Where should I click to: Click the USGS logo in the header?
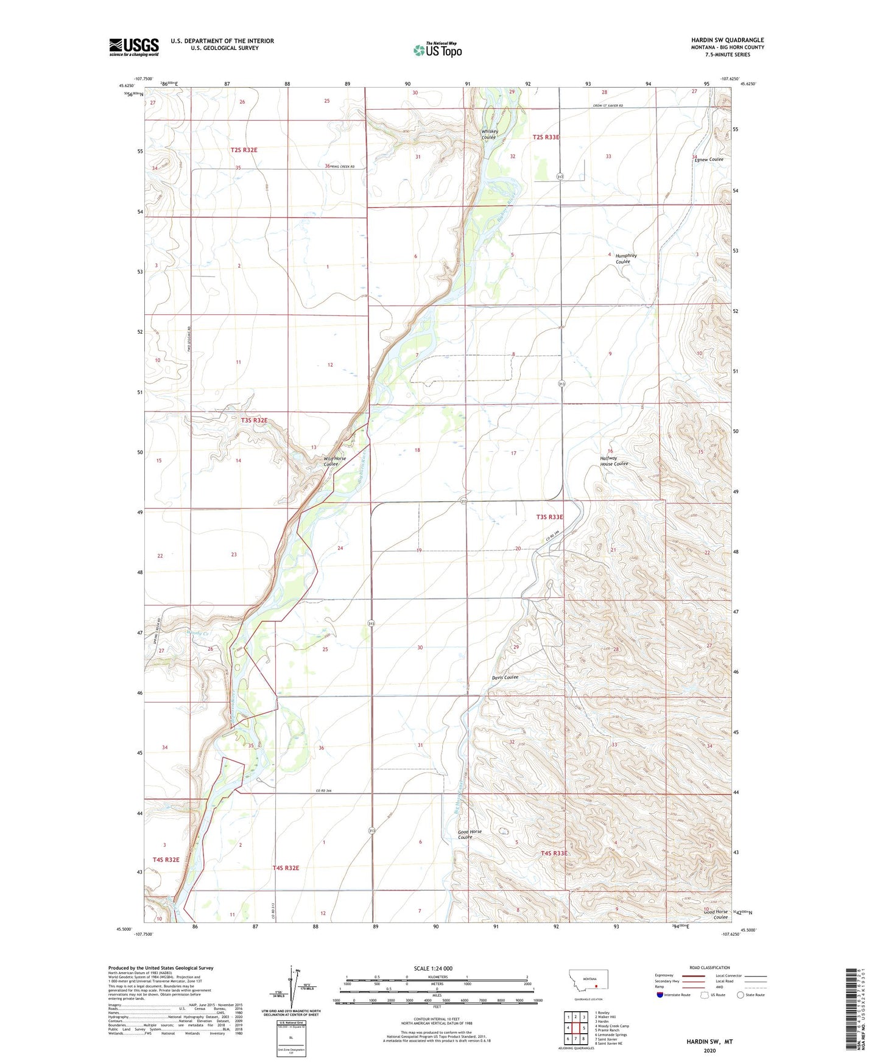(x=134, y=47)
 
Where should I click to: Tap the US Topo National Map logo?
(x=437, y=50)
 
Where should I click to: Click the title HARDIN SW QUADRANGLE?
(x=727, y=40)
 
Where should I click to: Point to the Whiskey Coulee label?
(x=490, y=134)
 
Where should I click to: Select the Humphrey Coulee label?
(x=625, y=258)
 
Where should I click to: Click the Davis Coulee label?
(x=505, y=677)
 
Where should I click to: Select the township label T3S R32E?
(x=245, y=421)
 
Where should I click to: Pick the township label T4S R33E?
(x=554, y=853)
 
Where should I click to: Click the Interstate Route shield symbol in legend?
(x=660, y=995)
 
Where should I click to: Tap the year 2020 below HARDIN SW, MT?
(x=709, y=1050)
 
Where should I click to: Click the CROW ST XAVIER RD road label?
(x=607, y=106)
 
